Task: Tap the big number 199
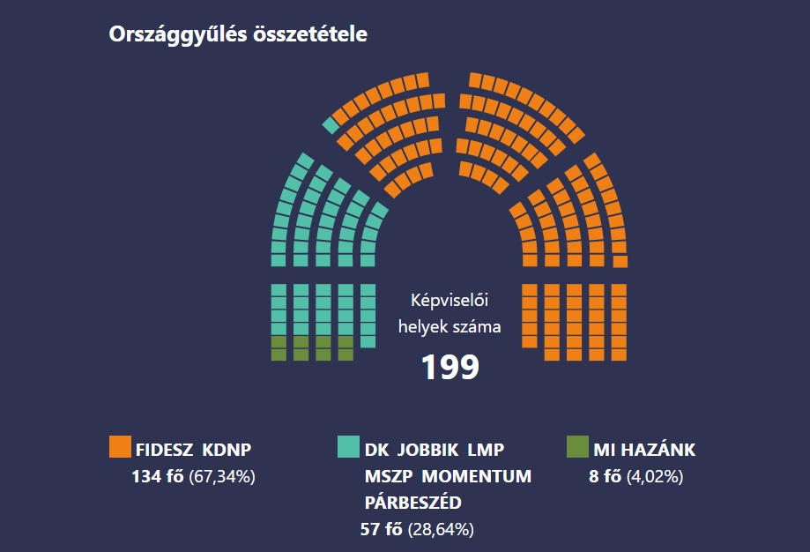coord(450,367)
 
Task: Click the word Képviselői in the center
coord(450,302)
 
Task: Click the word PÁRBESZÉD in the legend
coord(414,503)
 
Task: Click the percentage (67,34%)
coord(222,477)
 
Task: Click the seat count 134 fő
coord(158,477)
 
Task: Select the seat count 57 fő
coord(381,530)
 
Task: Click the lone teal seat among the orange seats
coord(331,125)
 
